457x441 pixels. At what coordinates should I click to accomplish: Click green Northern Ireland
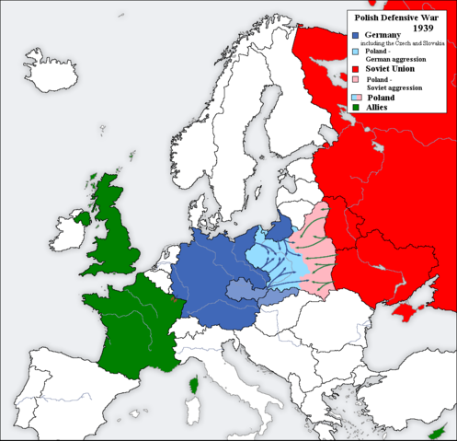click(x=84, y=219)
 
